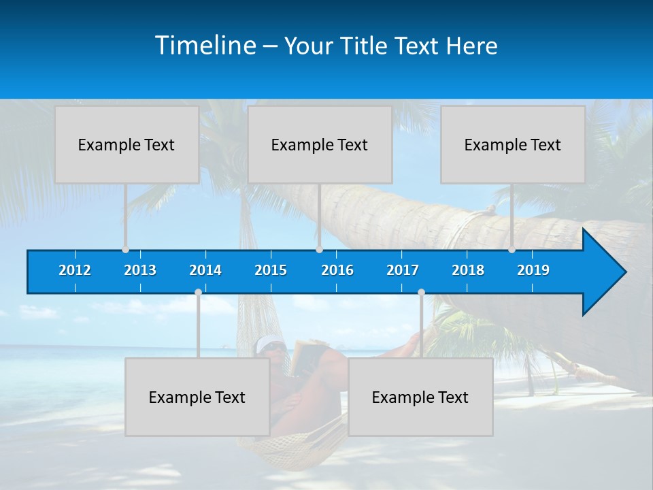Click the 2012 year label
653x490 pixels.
pyautogui.click(x=75, y=270)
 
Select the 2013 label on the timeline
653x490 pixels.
pyautogui.click(x=140, y=270)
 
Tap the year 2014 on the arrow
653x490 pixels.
pyautogui.click(x=205, y=270)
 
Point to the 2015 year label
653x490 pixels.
pyautogui.click(x=271, y=270)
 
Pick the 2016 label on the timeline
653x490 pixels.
pyautogui.click(x=337, y=270)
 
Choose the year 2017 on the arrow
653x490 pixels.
pyautogui.click(x=403, y=270)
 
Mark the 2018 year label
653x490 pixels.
pyautogui.click(x=468, y=270)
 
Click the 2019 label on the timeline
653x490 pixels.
pyautogui.click(x=533, y=270)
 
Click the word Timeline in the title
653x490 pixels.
pyautogui.click(x=205, y=46)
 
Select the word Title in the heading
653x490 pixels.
pyautogui.click(x=365, y=46)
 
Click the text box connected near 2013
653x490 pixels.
pyautogui.click(x=127, y=144)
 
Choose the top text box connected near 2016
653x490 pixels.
pyautogui.click(x=320, y=144)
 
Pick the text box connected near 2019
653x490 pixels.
pyautogui.click(x=513, y=144)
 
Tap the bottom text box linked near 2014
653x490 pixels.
pyautogui.click(x=197, y=397)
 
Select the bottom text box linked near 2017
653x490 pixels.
pyautogui.click(x=420, y=397)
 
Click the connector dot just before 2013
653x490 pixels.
pyautogui.click(x=126, y=250)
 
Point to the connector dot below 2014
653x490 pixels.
pyautogui.click(x=198, y=293)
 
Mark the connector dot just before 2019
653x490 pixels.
pyautogui.click(x=512, y=250)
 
